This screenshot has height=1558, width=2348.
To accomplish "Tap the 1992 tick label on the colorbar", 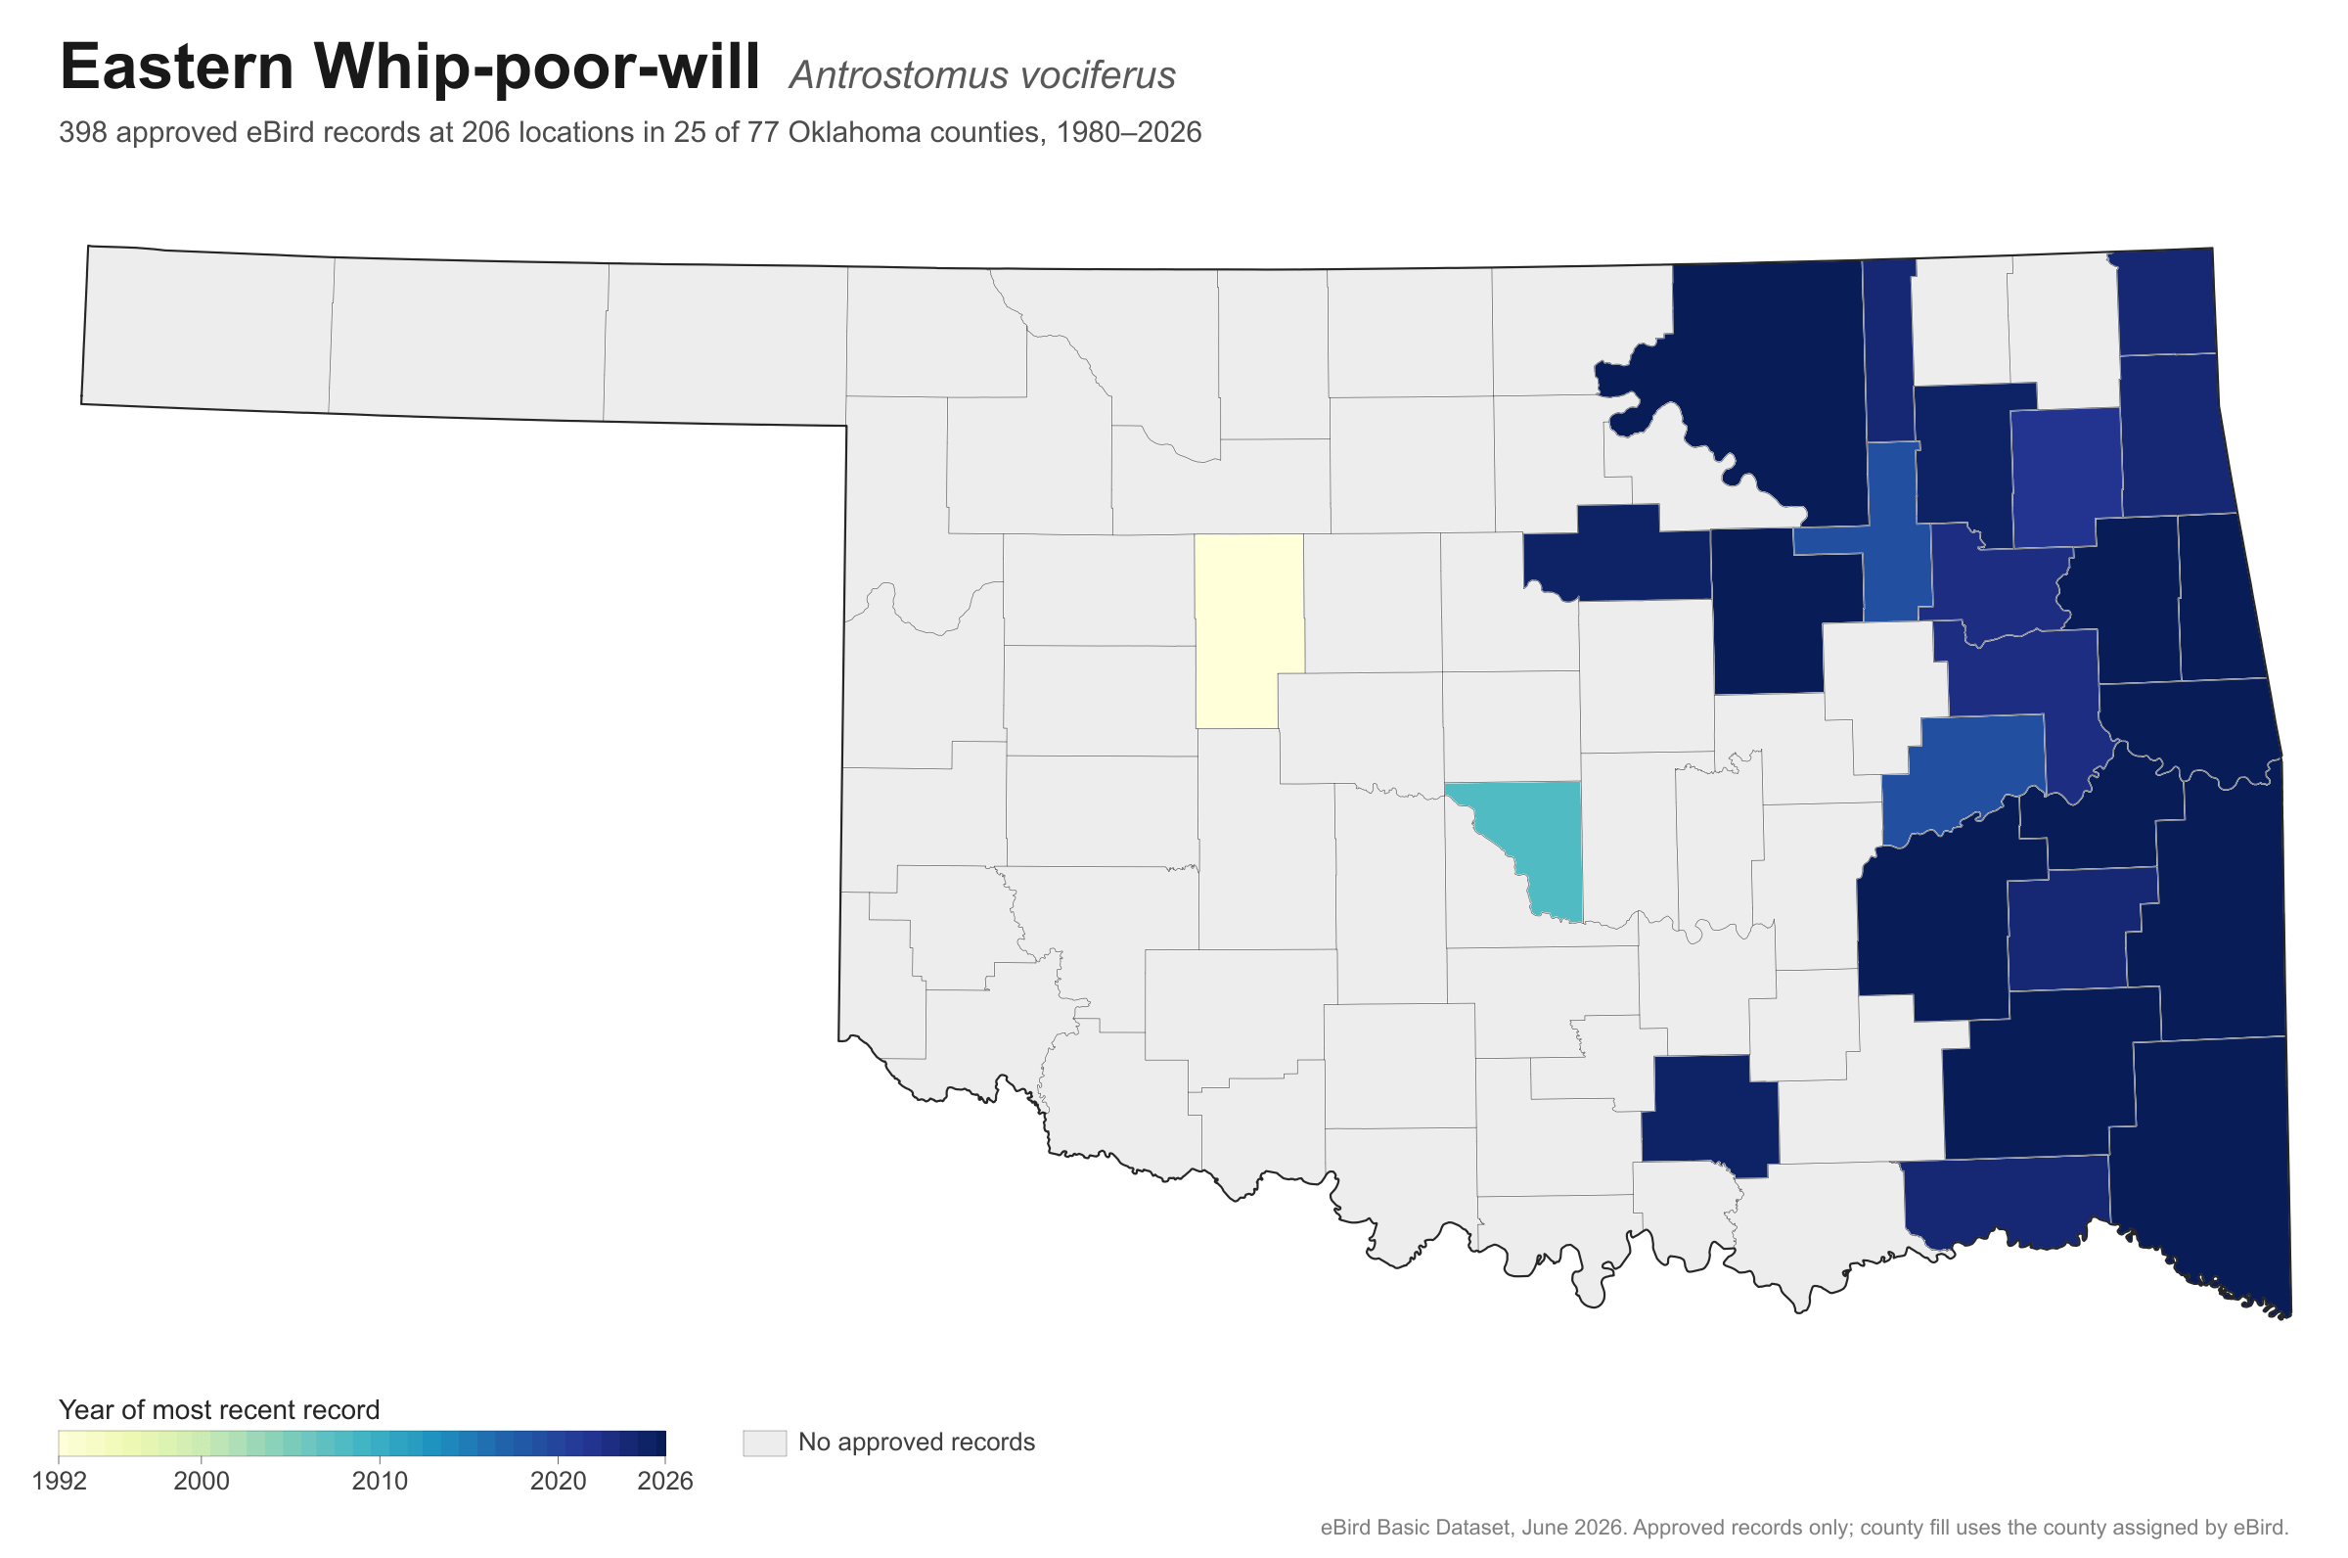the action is (59, 1482).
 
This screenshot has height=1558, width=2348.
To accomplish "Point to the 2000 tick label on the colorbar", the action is (202, 1482).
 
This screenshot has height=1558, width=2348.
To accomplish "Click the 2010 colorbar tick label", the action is (381, 1482).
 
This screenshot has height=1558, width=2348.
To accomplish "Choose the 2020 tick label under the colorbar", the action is (559, 1482).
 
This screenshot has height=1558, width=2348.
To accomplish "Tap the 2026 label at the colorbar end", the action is (665, 1482).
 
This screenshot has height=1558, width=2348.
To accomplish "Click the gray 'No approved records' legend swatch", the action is (764, 1443).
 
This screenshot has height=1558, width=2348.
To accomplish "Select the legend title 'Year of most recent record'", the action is (219, 1411).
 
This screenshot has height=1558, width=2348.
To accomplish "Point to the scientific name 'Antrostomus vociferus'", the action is (982, 75).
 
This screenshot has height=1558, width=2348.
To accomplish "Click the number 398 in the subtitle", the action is (83, 132).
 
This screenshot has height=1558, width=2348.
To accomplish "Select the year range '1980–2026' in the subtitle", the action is (1128, 132).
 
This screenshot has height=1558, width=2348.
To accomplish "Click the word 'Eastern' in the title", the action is (177, 68).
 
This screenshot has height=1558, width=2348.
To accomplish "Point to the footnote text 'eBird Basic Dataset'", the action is (1415, 1528).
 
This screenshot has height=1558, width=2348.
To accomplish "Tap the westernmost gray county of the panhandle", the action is (206, 329).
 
